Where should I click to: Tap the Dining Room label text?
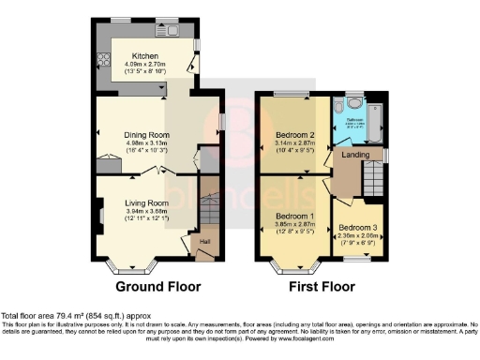(146, 134)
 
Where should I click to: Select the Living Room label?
(146, 202)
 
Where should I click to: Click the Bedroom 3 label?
(356, 228)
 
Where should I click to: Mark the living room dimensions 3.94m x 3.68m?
(146, 211)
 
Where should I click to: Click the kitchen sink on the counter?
(175, 29)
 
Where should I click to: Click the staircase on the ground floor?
(210, 208)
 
